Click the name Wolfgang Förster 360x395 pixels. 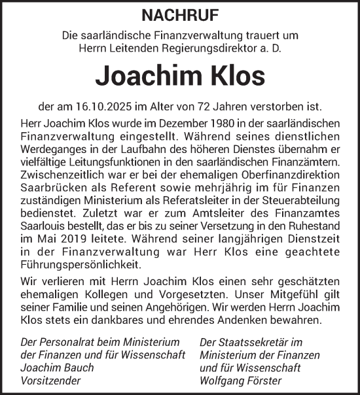click(241, 380)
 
